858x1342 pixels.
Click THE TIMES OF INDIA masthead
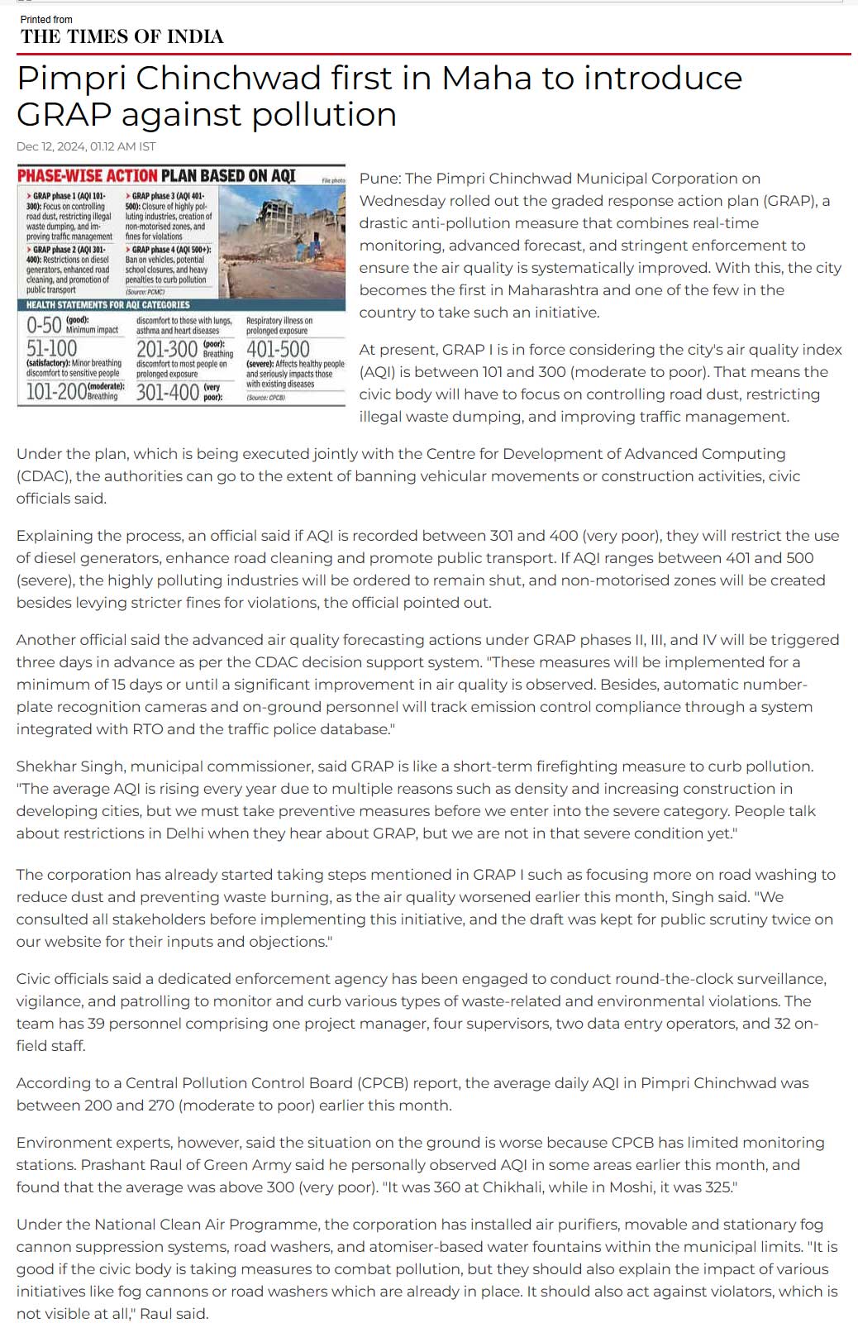pos(122,36)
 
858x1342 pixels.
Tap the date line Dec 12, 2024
pos(85,146)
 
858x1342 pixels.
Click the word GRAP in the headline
pos(65,115)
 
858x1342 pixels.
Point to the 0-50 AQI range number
pos(44,325)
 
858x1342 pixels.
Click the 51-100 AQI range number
pos(52,349)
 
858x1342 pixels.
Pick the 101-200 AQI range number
pos(56,392)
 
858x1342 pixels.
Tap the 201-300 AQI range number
pos(167,349)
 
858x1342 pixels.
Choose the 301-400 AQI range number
pos(168,392)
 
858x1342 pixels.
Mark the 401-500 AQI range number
pos(278,349)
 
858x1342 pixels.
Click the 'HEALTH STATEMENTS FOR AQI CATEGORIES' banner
pos(108,305)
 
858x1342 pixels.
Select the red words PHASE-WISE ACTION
pos(87,175)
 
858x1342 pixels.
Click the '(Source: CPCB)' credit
pos(265,398)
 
